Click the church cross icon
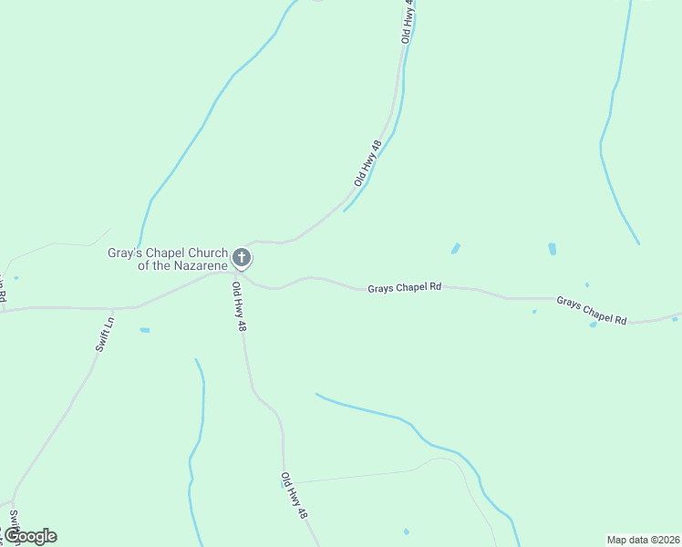[242, 258]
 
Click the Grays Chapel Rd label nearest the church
[404, 287]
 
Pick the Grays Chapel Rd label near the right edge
[592, 310]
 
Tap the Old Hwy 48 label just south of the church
[239, 305]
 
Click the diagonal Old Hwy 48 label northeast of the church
[368, 163]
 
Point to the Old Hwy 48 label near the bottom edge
[294, 496]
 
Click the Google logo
[29, 536]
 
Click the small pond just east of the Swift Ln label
[145, 330]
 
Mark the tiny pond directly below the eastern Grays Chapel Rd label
[594, 325]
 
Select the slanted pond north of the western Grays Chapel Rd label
[455, 248]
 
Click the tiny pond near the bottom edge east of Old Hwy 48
[407, 532]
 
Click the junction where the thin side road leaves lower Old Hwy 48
[284, 482]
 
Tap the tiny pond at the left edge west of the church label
[16, 277]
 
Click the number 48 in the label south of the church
[243, 324]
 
